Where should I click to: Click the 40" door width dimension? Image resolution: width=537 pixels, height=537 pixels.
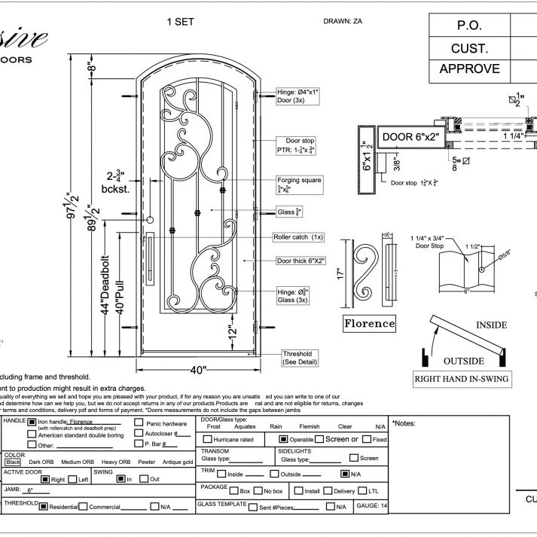pos(197,369)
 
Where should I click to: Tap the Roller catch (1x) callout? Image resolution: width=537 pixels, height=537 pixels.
pos(298,237)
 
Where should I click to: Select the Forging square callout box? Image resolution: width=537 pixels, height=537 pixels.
pos(300,184)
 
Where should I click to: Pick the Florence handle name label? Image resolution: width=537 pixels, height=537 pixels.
pos(370,324)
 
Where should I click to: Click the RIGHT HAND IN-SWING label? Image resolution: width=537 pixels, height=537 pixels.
pos(461,379)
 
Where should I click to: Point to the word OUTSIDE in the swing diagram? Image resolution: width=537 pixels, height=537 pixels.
pos(463,360)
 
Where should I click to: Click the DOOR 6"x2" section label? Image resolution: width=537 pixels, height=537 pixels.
pos(410,137)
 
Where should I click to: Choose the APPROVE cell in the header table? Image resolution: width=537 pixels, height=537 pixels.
pos(470,69)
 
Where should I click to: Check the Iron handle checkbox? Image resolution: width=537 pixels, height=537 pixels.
pos(32,423)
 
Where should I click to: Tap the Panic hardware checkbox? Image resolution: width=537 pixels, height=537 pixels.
pos(139,423)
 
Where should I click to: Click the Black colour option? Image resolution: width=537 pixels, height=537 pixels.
pos(14,462)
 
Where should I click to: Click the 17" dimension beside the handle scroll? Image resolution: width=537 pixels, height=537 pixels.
pos(340,271)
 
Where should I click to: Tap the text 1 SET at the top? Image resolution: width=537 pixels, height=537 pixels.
pos(180,22)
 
